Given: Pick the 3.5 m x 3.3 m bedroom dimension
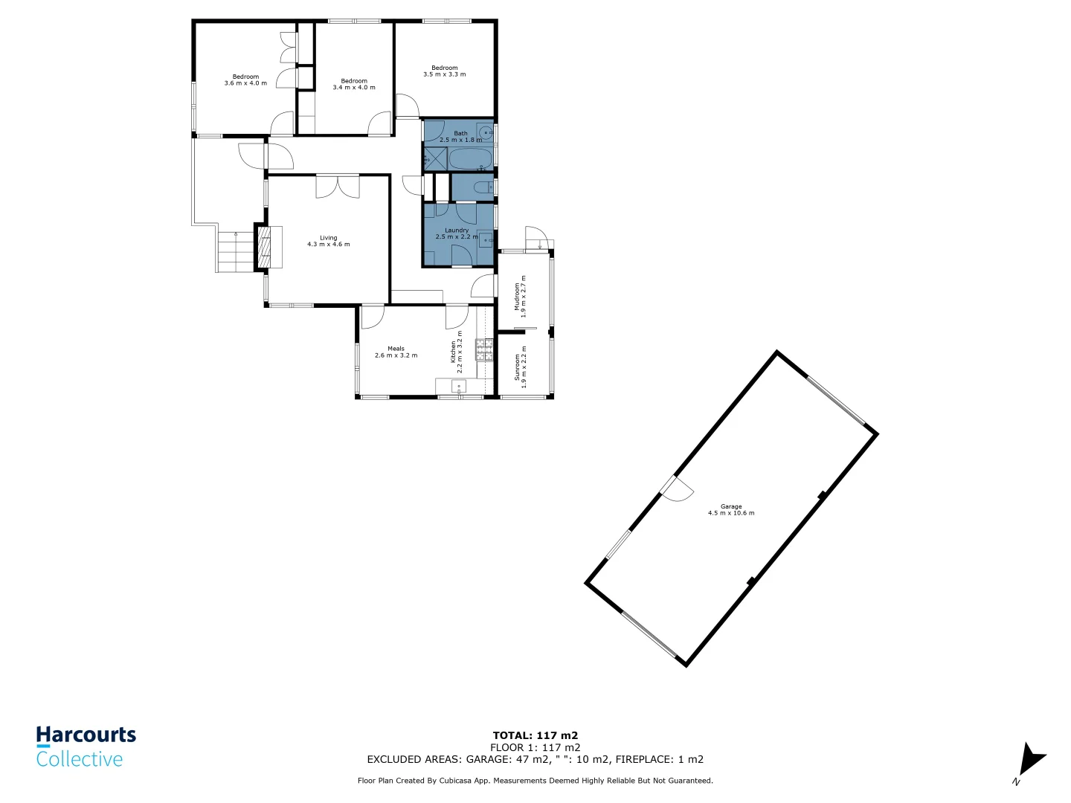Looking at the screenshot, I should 445,74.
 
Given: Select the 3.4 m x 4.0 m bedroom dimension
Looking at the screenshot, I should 354,88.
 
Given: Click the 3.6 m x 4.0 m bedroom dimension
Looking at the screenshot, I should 245,83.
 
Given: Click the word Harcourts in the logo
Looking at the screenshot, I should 86,735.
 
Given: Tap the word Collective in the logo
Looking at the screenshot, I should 80,759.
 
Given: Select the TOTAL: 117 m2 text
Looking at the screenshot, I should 535,735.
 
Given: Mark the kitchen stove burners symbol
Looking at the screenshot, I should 484,349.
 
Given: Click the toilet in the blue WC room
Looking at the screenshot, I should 482,187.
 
